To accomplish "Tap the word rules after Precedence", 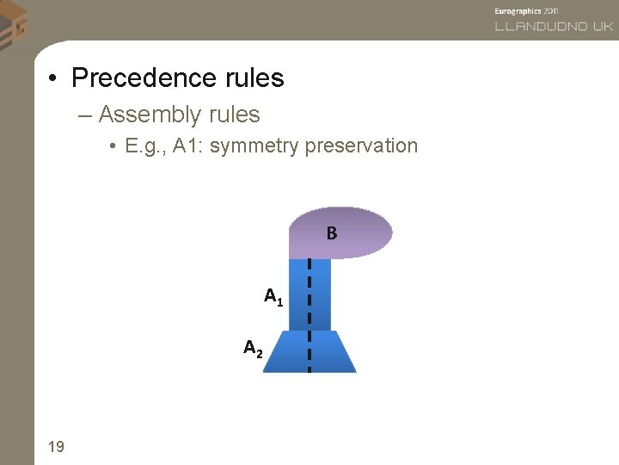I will click(x=252, y=78).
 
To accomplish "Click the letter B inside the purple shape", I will click(x=331, y=233).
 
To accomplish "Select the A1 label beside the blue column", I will click(x=273, y=299).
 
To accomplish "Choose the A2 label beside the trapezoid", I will click(x=254, y=349).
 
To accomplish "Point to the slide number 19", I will click(x=56, y=446).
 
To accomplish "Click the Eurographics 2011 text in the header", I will click(x=527, y=9).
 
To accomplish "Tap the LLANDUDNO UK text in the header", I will click(x=553, y=27).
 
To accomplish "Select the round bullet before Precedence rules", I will click(x=53, y=79).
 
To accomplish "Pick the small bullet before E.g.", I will click(x=113, y=146).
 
